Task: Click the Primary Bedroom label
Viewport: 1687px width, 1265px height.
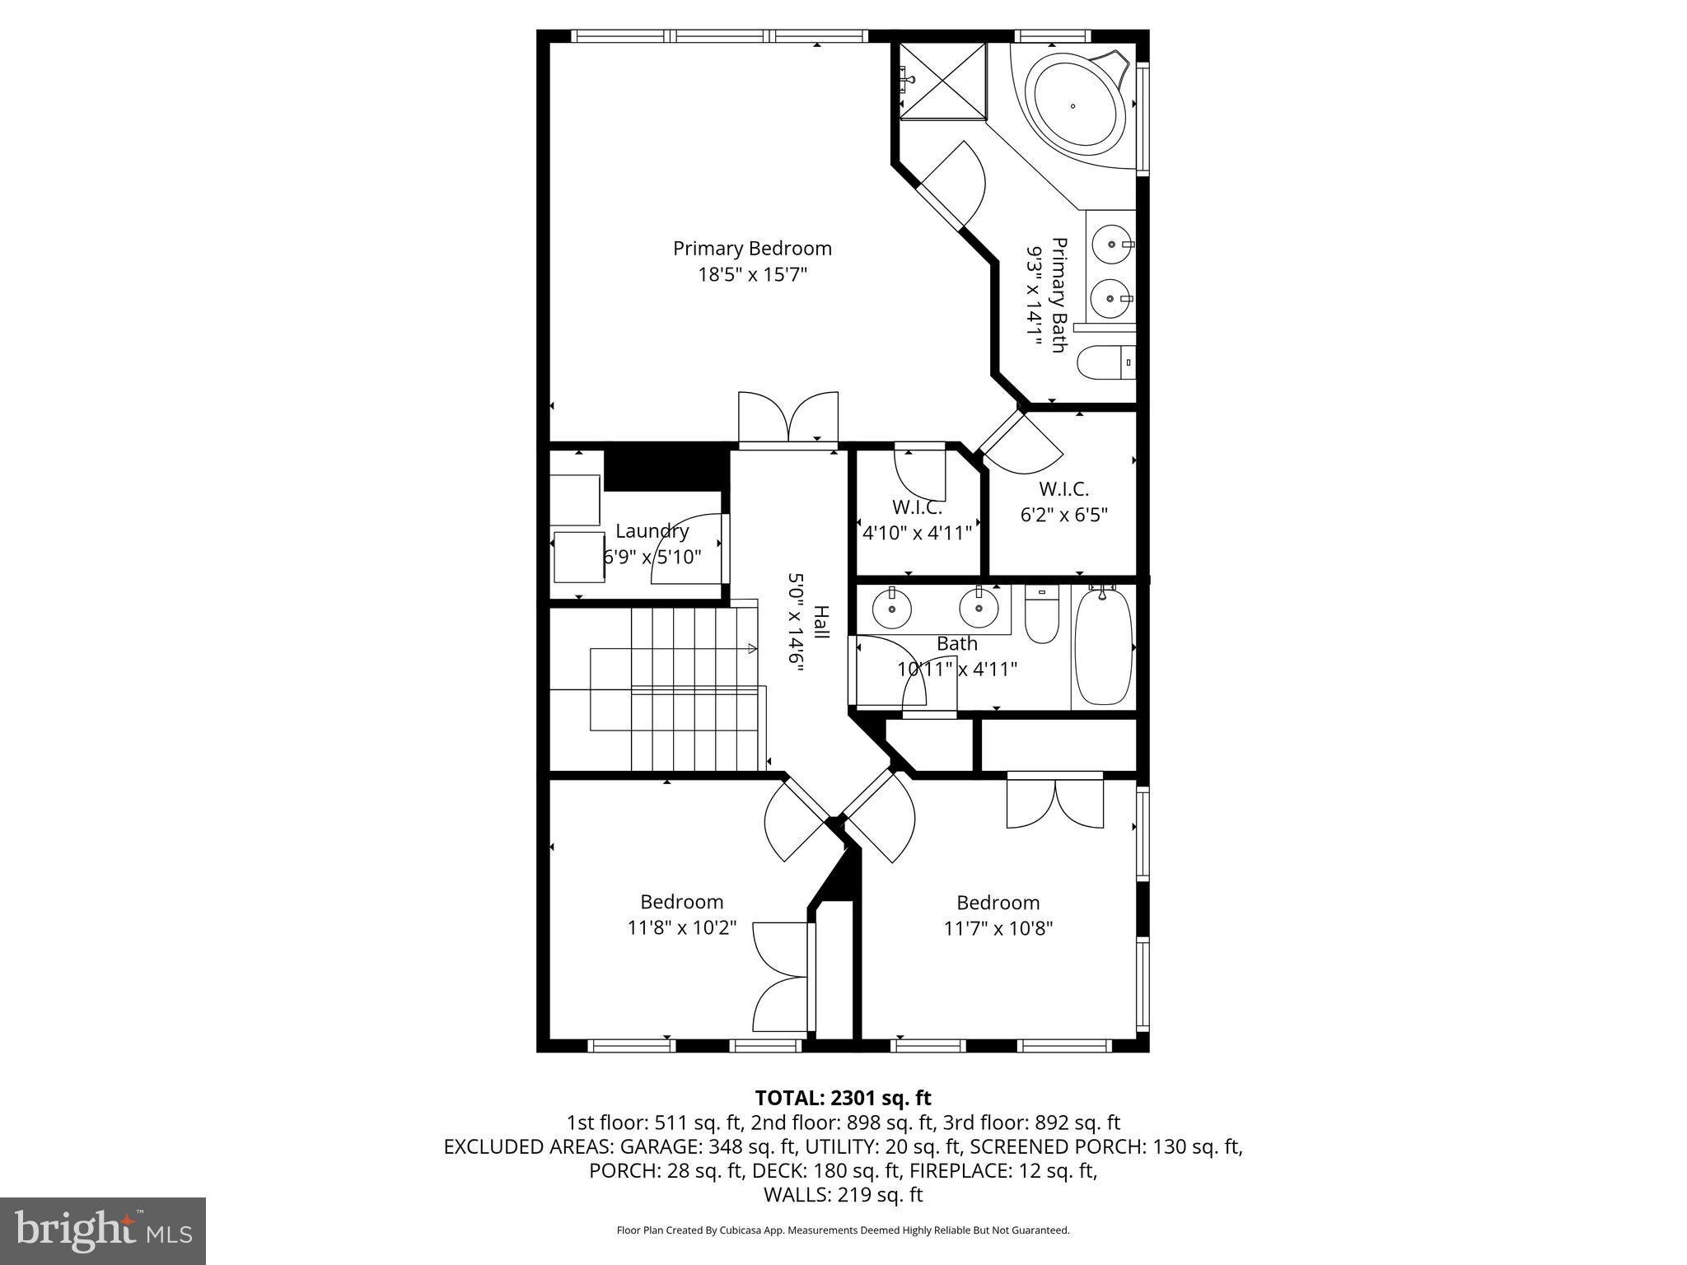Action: (752, 248)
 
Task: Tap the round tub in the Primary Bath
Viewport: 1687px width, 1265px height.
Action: (1072, 106)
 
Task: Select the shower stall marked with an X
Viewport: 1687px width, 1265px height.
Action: (942, 81)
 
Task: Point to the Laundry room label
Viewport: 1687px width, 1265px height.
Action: (652, 531)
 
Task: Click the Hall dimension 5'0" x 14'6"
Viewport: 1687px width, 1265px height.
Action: (795, 623)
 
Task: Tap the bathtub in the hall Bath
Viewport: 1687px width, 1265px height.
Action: (1103, 647)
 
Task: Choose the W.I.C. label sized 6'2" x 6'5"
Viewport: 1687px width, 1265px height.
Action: (1063, 488)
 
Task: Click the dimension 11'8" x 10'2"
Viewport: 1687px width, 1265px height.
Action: (681, 928)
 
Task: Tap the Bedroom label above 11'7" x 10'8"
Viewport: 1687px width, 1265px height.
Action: (998, 902)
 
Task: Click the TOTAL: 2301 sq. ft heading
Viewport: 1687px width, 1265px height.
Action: (843, 1098)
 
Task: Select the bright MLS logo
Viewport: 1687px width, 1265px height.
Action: (103, 1230)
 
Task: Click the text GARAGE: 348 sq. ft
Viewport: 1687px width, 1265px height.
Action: (707, 1146)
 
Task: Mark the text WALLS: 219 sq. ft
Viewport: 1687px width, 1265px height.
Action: (843, 1195)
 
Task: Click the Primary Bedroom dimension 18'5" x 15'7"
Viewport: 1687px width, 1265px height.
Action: (752, 274)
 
